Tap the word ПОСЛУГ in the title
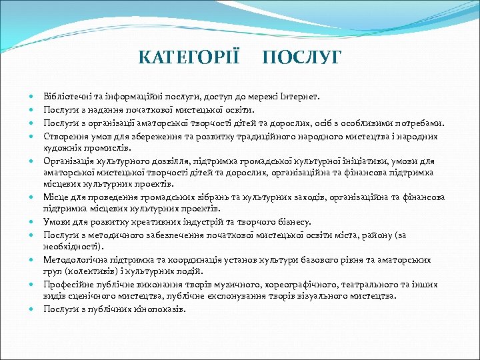301,57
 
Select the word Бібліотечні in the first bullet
65,97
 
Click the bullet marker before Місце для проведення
32,198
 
